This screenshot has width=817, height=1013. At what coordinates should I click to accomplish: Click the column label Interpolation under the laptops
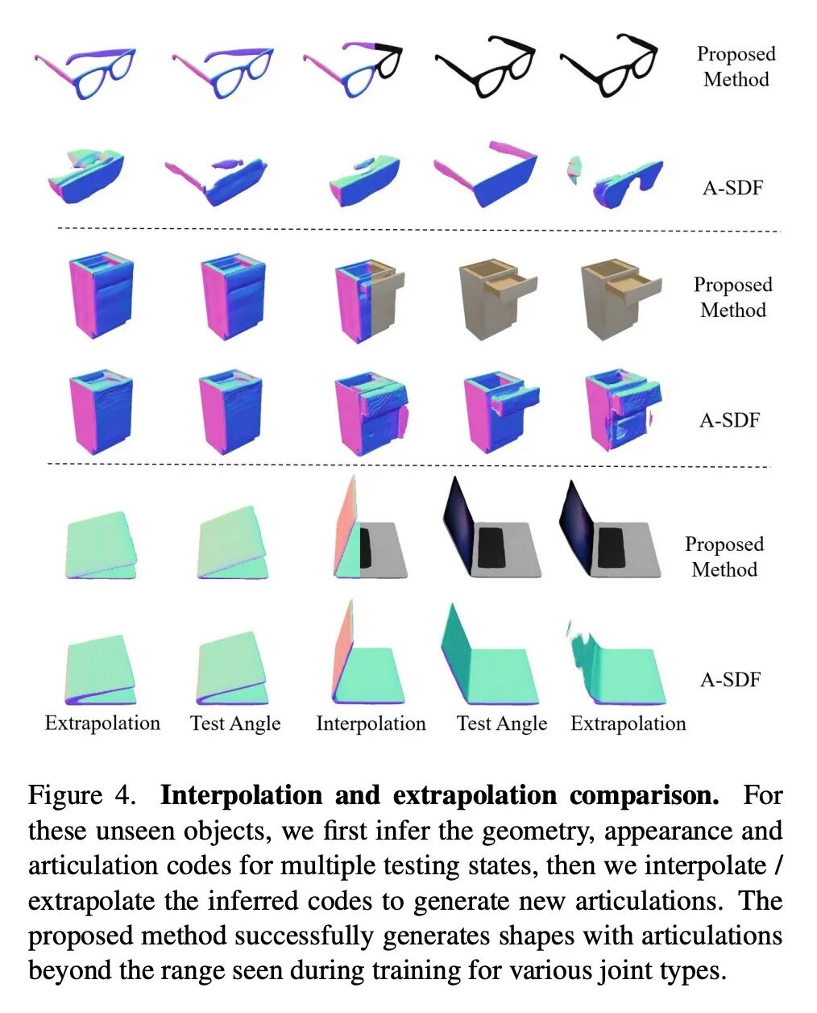point(371,723)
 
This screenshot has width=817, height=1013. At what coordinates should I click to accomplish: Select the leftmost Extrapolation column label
point(102,723)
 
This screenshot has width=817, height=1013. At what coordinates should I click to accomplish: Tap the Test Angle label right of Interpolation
point(501,723)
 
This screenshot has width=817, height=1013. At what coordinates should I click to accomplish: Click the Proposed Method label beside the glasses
point(736,66)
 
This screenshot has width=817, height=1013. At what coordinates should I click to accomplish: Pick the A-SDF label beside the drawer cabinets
point(729,419)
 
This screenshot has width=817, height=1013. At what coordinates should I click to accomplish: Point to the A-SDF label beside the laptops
point(730,679)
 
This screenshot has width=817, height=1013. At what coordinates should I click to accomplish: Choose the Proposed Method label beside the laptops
point(724,557)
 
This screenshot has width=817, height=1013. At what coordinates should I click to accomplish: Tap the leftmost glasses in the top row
point(85,71)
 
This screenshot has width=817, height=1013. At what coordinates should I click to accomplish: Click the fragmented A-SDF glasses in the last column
point(617,181)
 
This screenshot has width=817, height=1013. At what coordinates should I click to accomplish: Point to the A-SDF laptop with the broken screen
point(617,665)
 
